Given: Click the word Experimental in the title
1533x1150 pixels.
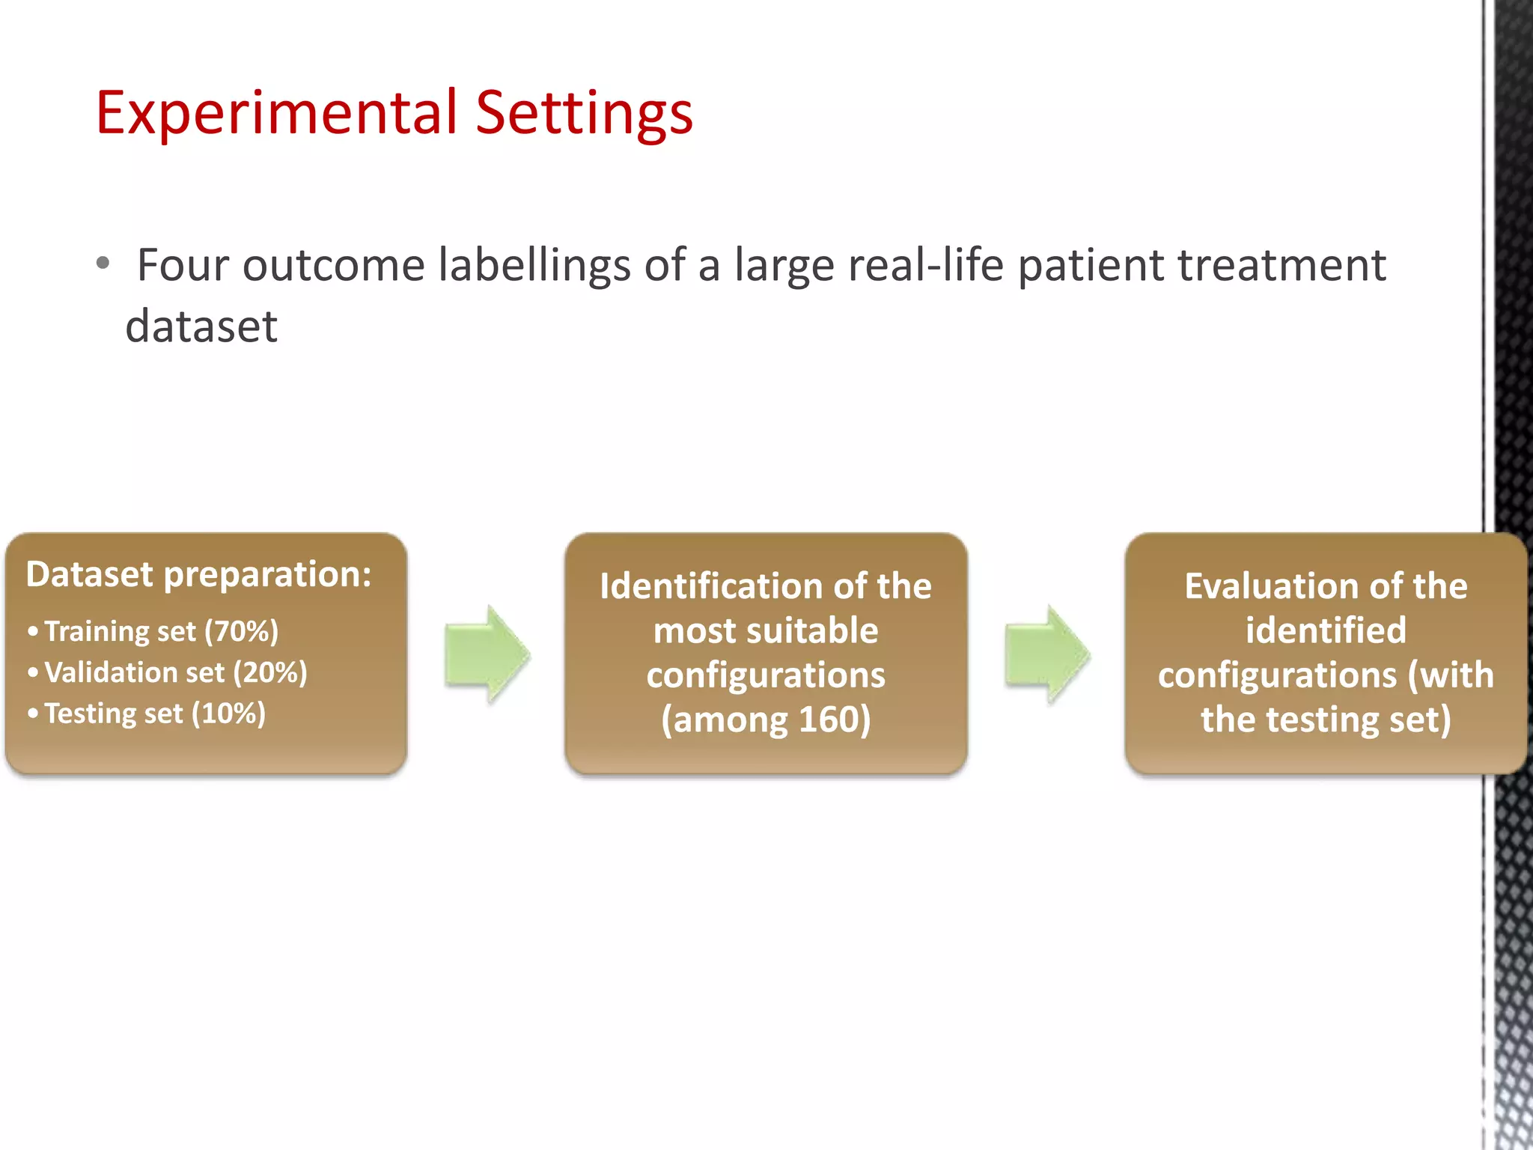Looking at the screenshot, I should pos(275,113).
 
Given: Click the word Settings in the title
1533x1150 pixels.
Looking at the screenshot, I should pos(584,113).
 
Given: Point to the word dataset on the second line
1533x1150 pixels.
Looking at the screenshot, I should pos(201,326).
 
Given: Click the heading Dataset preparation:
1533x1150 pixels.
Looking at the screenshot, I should pos(198,574).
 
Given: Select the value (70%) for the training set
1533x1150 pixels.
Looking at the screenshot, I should pos(242,631).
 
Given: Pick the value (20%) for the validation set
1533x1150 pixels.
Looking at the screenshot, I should pos(269,672).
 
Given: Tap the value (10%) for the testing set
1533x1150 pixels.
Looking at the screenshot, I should pos(228,714).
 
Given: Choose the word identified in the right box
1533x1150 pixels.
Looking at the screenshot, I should pos(1326,630).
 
